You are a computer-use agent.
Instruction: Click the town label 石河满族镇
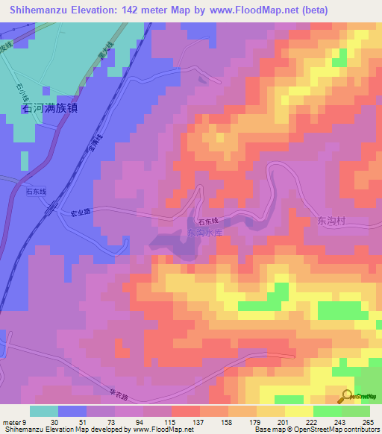point(51,108)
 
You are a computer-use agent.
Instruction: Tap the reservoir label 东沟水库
point(204,233)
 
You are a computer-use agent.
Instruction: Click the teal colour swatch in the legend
point(44,411)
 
